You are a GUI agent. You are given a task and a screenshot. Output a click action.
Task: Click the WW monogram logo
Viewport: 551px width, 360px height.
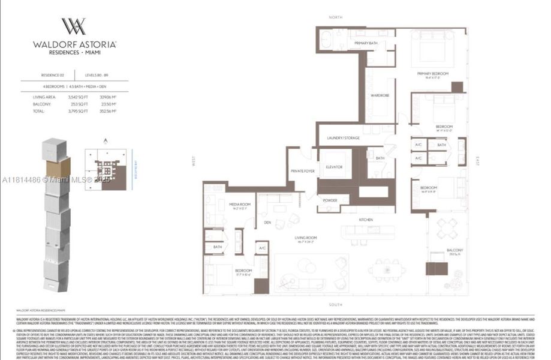tap(74, 26)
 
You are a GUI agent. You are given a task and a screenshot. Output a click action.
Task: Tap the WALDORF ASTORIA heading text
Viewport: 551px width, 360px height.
tap(74, 44)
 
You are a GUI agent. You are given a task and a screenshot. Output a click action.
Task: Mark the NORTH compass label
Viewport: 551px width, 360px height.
tap(336, 17)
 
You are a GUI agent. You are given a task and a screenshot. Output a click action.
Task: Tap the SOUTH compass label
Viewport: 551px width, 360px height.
tap(336, 305)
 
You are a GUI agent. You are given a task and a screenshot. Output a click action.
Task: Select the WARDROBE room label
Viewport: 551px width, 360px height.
tap(380, 95)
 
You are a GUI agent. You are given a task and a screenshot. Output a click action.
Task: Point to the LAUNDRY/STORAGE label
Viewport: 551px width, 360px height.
tap(344, 138)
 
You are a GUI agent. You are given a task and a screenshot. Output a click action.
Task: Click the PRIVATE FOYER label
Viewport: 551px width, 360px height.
tap(302, 171)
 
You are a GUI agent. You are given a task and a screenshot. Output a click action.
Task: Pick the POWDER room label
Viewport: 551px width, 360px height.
tap(330, 200)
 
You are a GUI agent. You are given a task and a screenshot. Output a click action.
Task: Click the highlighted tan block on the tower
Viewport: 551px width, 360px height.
tap(58, 167)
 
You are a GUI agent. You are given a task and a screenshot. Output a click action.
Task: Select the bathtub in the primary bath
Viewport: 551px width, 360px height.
tap(329, 40)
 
